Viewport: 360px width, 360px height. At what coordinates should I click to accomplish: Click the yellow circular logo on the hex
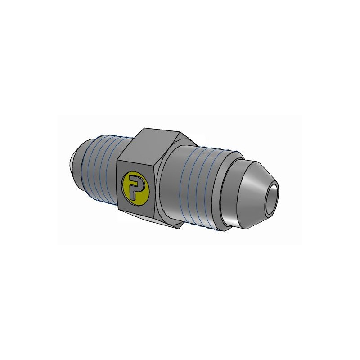coord(135,188)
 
